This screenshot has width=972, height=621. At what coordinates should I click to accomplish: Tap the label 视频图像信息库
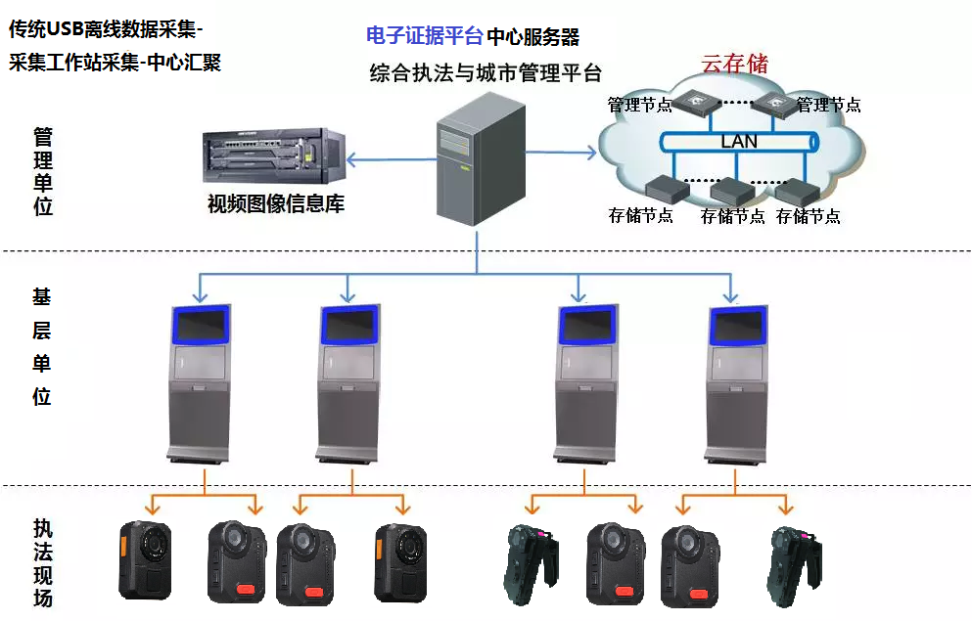tap(276, 205)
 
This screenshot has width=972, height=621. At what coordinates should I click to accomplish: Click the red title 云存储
tap(735, 65)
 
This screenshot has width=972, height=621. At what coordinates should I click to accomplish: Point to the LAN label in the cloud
tap(739, 142)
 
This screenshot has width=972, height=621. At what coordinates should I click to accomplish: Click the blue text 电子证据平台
tap(424, 36)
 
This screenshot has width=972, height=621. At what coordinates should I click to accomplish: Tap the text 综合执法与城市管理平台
tap(486, 73)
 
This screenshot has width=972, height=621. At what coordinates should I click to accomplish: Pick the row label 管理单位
tap(42, 171)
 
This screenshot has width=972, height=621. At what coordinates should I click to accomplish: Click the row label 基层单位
tap(42, 346)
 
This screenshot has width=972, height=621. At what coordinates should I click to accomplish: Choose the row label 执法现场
tap(42, 562)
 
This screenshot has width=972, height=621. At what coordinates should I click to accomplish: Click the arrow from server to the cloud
tap(560, 152)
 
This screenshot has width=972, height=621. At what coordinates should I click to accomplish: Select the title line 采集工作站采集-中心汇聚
tap(116, 63)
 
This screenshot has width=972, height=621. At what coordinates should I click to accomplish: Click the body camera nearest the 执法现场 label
tap(145, 559)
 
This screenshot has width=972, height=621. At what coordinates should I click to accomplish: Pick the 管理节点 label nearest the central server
tap(639, 105)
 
